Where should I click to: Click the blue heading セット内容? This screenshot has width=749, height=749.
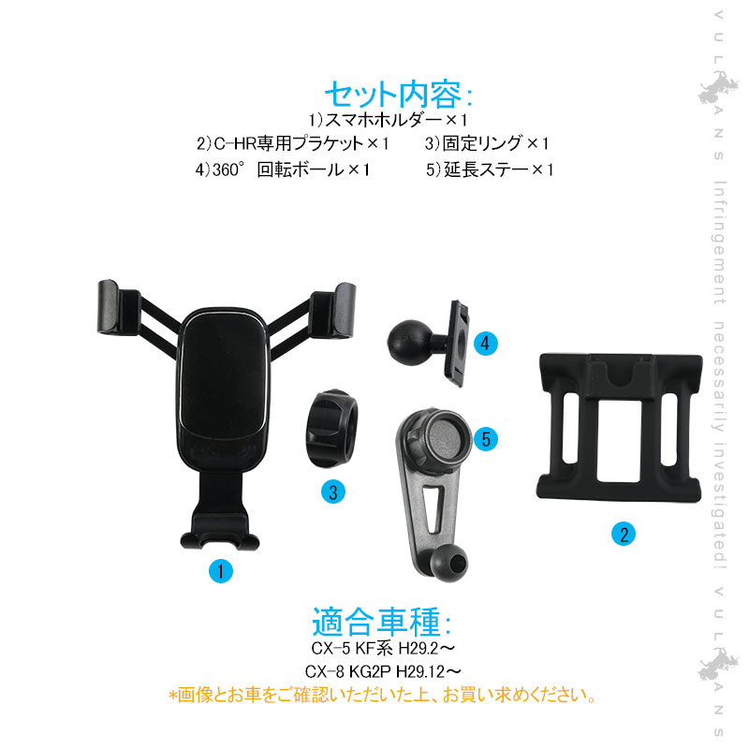coord(399,95)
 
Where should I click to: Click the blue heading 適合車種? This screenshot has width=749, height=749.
coord(381,623)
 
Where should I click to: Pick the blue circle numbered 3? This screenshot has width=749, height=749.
coord(332,492)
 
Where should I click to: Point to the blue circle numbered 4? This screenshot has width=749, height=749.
coord(484,344)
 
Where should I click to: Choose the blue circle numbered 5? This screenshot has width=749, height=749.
coord(485,438)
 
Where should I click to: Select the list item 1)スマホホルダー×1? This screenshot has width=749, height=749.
coord(388,121)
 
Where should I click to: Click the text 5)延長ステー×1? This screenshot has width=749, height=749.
coord(491,170)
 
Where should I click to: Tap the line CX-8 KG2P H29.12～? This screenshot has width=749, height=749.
coord(382,671)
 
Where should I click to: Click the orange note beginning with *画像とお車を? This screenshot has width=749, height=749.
coord(382,696)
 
